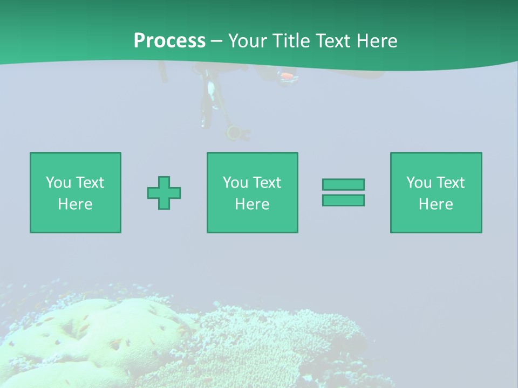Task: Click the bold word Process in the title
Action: click(x=169, y=41)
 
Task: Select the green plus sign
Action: click(x=164, y=193)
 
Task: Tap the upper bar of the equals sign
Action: click(x=343, y=184)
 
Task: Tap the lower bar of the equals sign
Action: click(x=343, y=200)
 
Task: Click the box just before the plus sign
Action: click(x=75, y=192)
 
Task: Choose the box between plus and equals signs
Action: click(x=252, y=192)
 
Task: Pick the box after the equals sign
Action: click(x=435, y=192)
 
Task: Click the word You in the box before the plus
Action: click(x=58, y=183)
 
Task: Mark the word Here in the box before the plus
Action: click(x=75, y=204)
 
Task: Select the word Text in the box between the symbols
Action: click(x=267, y=183)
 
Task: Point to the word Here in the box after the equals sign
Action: click(x=435, y=204)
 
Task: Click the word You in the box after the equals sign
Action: click(x=418, y=183)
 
